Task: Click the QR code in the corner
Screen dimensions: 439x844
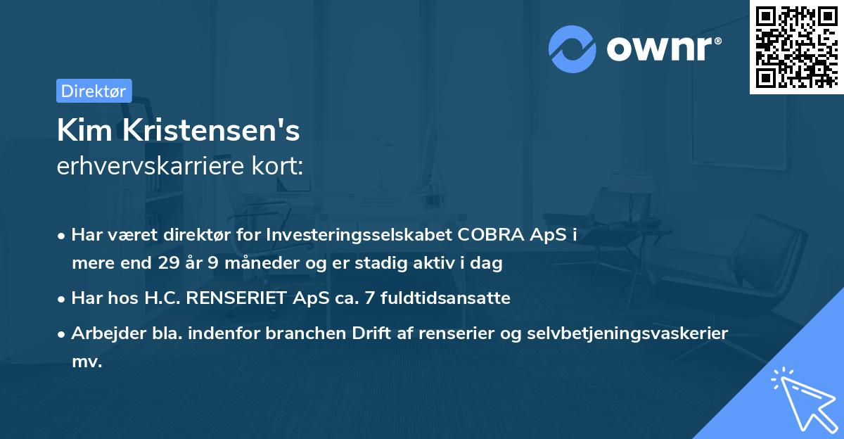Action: pyautogui.click(x=796, y=46)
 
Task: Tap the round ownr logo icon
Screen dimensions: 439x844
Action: pyautogui.click(x=573, y=49)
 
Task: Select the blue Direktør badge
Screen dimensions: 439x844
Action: pyautogui.click(x=94, y=90)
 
